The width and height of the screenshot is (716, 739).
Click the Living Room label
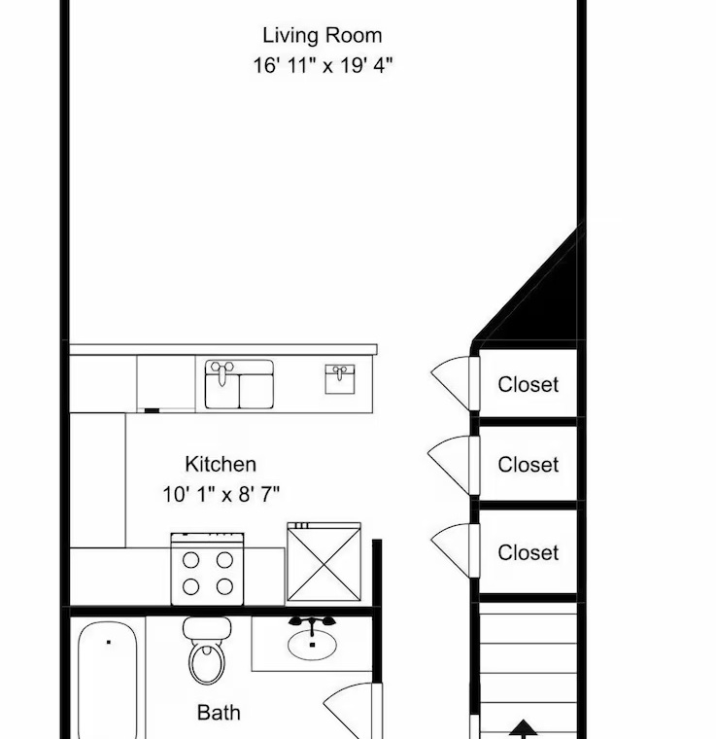point(322,36)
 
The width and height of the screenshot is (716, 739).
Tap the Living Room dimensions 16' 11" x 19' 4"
point(323,65)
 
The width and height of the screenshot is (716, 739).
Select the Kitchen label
point(221,464)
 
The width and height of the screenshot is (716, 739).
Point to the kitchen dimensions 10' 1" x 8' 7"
point(221,494)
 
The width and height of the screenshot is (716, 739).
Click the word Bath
point(219,713)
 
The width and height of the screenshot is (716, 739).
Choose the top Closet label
point(528,385)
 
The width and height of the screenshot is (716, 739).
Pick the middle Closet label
point(528,465)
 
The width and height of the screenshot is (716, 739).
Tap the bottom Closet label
point(528,553)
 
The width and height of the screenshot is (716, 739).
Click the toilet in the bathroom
point(207,651)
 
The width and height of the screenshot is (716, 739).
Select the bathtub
point(107,680)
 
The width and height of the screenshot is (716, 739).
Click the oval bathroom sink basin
point(312,645)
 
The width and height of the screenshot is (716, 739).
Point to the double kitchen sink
point(239,385)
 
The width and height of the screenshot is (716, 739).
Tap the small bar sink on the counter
point(340,379)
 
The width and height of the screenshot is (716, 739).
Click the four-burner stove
point(208,570)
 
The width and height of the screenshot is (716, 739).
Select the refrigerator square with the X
point(324,562)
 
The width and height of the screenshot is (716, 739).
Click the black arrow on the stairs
point(523,729)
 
